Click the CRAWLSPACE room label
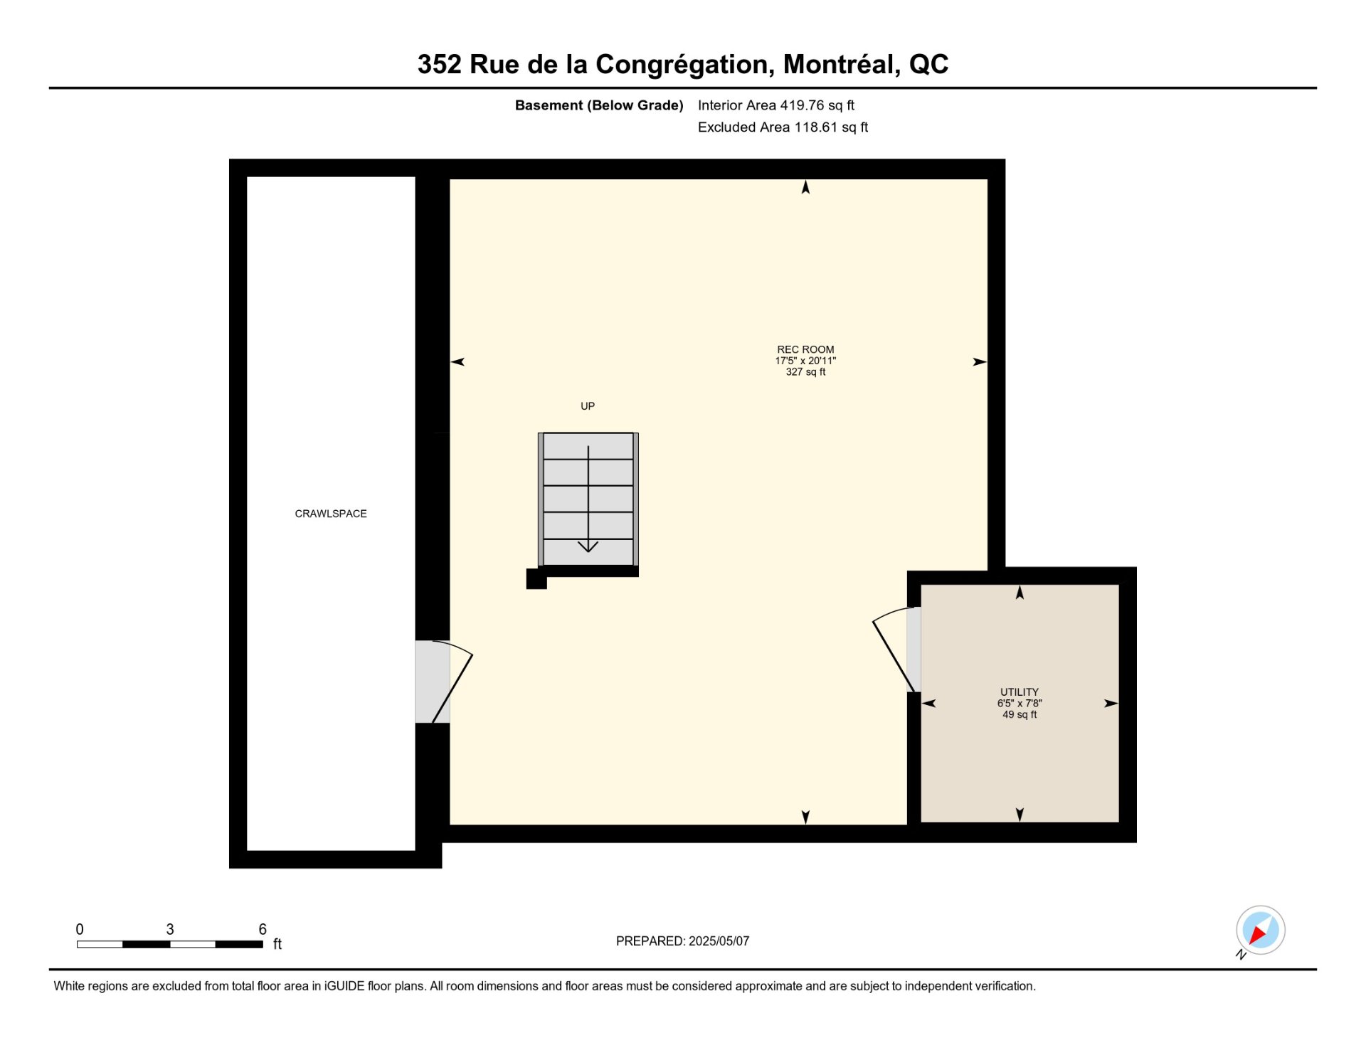click(331, 514)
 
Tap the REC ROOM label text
click(805, 349)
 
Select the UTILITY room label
click(1020, 692)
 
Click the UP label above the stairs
click(588, 406)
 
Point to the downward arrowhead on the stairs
click(588, 546)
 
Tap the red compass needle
click(1257, 934)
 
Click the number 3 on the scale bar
click(170, 929)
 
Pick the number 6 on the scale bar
click(263, 929)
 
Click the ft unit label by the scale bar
click(277, 944)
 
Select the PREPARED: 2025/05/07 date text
click(682, 941)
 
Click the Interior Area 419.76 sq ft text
click(776, 105)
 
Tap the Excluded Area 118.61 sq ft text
click(783, 127)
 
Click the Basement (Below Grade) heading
click(599, 105)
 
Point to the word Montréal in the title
click(842, 65)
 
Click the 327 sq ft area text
click(805, 372)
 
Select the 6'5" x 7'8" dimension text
click(1020, 704)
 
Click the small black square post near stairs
click(536, 579)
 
